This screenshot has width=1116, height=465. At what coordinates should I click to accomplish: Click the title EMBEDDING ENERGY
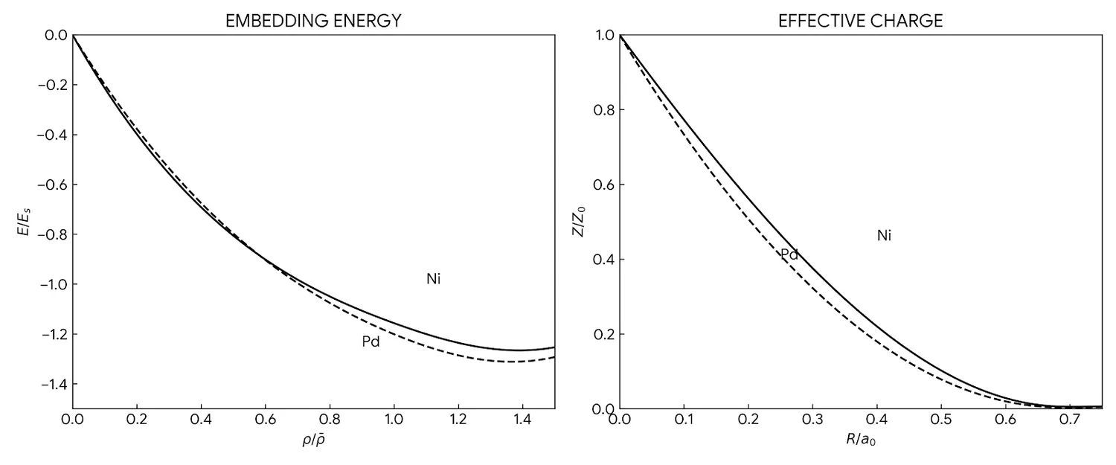(313, 21)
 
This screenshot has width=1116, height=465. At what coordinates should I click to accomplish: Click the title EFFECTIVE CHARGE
(860, 21)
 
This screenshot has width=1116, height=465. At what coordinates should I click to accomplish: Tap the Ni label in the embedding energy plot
(434, 279)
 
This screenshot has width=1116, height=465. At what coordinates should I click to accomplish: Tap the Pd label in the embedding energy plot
(371, 342)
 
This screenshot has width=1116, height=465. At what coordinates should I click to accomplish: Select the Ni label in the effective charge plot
(884, 236)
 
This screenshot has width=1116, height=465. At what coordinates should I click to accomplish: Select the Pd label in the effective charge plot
(789, 254)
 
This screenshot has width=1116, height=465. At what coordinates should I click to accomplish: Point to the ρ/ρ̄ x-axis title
(313, 440)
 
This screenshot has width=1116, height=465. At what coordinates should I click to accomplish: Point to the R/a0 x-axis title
(860, 440)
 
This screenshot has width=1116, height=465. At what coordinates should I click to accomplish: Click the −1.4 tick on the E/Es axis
(51, 384)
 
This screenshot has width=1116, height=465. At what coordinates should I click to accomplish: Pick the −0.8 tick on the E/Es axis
(51, 234)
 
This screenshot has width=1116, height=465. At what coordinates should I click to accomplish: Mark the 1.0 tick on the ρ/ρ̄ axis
(394, 420)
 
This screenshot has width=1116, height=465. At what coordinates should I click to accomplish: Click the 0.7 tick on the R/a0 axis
(1070, 420)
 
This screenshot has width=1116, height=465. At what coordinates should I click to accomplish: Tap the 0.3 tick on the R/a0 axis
(812, 420)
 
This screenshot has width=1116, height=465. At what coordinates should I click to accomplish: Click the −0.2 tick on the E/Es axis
(51, 85)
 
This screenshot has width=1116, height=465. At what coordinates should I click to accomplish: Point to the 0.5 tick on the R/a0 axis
(941, 420)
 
